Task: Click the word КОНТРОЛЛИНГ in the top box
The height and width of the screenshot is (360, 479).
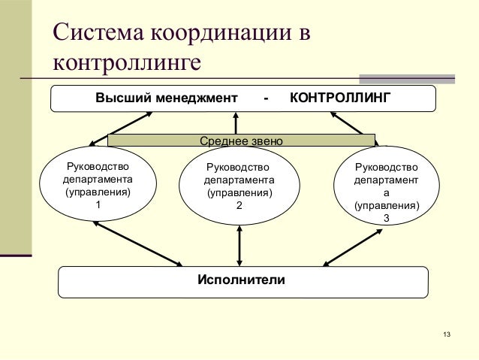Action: pyautogui.click(x=339, y=98)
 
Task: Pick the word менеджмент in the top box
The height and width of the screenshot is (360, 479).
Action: pyautogui.click(x=191, y=98)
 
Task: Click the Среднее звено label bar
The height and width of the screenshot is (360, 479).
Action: pyautogui.click(x=241, y=141)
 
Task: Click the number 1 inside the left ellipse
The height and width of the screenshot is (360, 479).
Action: pyautogui.click(x=98, y=205)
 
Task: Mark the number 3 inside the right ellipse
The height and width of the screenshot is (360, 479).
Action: pyautogui.click(x=386, y=218)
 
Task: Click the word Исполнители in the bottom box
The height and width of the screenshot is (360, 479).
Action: pyautogui.click(x=241, y=280)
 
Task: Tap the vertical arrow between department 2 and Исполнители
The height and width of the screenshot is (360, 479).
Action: pyautogui.click(x=239, y=244)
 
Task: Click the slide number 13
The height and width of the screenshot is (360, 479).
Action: pyautogui.click(x=447, y=334)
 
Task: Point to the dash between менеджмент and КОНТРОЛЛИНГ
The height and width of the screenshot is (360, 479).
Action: pyautogui.click(x=267, y=98)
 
